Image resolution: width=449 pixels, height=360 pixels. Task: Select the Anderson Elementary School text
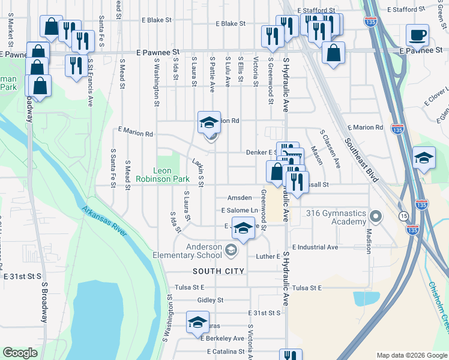196,250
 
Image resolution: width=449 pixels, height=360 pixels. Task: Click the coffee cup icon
417,35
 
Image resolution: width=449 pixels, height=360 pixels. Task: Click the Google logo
20,353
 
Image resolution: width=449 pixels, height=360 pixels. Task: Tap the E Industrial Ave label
315,247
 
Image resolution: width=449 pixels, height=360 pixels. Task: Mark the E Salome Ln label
239,211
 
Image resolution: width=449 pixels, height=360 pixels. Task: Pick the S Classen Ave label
330,148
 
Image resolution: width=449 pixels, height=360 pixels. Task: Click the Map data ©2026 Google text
411,355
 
